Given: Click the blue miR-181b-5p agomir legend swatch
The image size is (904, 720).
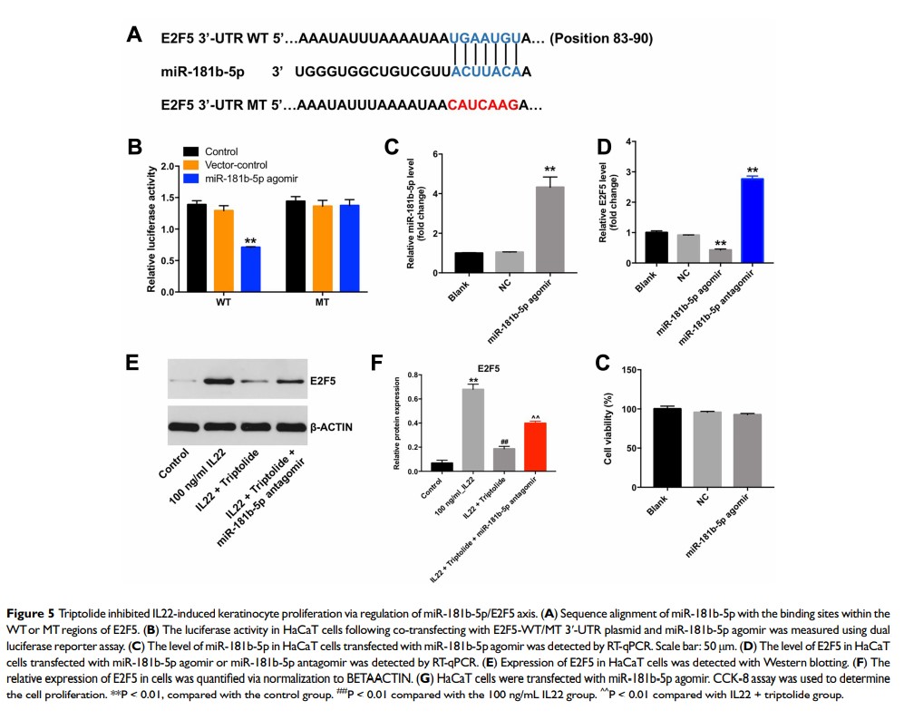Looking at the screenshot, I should point(191,179).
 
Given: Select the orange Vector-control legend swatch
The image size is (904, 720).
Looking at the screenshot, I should point(191,165).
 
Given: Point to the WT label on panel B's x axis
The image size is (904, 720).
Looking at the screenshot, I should point(223,302).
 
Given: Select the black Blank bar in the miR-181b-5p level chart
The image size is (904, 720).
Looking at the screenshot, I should point(469,262).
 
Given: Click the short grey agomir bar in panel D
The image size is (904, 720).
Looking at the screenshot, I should point(721,256).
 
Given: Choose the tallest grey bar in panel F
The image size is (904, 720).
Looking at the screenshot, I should point(471,430).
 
